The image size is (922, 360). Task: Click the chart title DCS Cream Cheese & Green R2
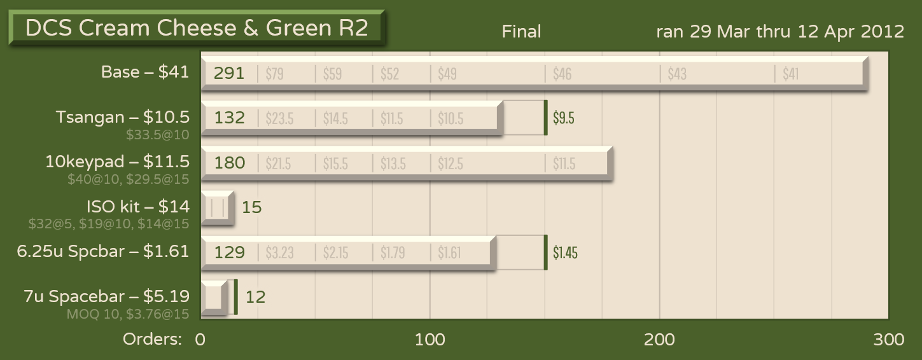(196, 28)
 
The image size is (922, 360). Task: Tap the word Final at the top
(521, 31)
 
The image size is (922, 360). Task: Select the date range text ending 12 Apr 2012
(780, 31)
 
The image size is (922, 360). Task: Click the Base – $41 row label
(145, 72)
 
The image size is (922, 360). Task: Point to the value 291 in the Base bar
(229, 74)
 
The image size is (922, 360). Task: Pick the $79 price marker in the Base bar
(274, 74)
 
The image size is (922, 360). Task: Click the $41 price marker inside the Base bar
(790, 74)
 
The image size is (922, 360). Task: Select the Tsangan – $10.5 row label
(122, 117)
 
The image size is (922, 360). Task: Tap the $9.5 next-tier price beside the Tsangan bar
(564, 118)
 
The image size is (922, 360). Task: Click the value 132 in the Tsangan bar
(229, 118)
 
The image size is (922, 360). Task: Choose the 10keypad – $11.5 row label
(117, 162)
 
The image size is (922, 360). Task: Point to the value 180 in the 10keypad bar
(229, 163)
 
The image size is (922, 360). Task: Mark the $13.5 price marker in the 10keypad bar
(393, 163)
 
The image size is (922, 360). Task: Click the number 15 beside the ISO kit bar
(252, 207)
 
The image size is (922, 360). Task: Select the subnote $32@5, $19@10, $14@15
(109, 224)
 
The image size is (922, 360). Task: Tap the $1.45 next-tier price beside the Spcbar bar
(565, 253)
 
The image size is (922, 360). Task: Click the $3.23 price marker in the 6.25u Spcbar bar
(280, 253)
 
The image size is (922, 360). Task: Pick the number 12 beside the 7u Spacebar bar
(255, 297)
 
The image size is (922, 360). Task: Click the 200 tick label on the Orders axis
(659, 340)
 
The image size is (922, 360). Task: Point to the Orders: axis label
(152, 340)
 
